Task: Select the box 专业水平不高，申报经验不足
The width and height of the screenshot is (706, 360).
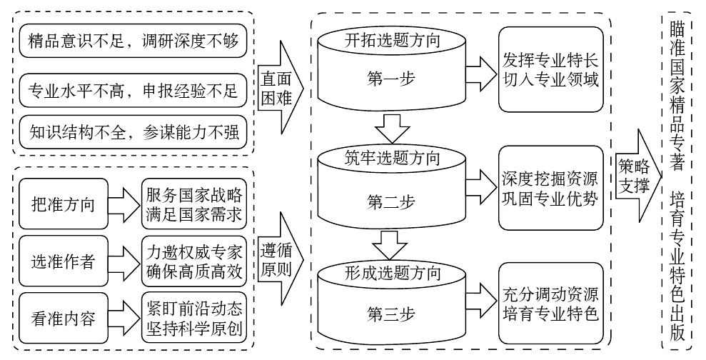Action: pos(133,91)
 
